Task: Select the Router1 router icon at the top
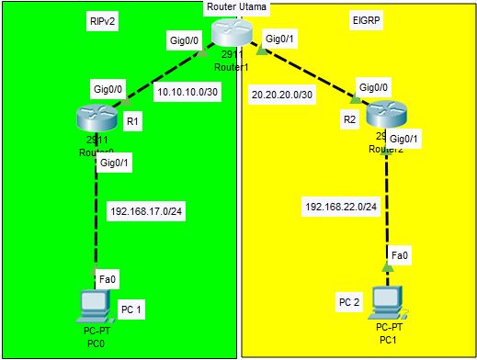[230, 33]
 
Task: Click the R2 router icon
[384, 116]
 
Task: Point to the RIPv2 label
[104, 19]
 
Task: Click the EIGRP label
[365, 19]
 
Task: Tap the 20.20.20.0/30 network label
[283, 93]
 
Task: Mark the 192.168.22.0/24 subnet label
[341, 207]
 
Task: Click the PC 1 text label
[131, 309]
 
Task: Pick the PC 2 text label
[349, 301]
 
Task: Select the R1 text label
[131, 119]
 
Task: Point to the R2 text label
[348, 119]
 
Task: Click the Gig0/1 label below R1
[114, 163]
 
